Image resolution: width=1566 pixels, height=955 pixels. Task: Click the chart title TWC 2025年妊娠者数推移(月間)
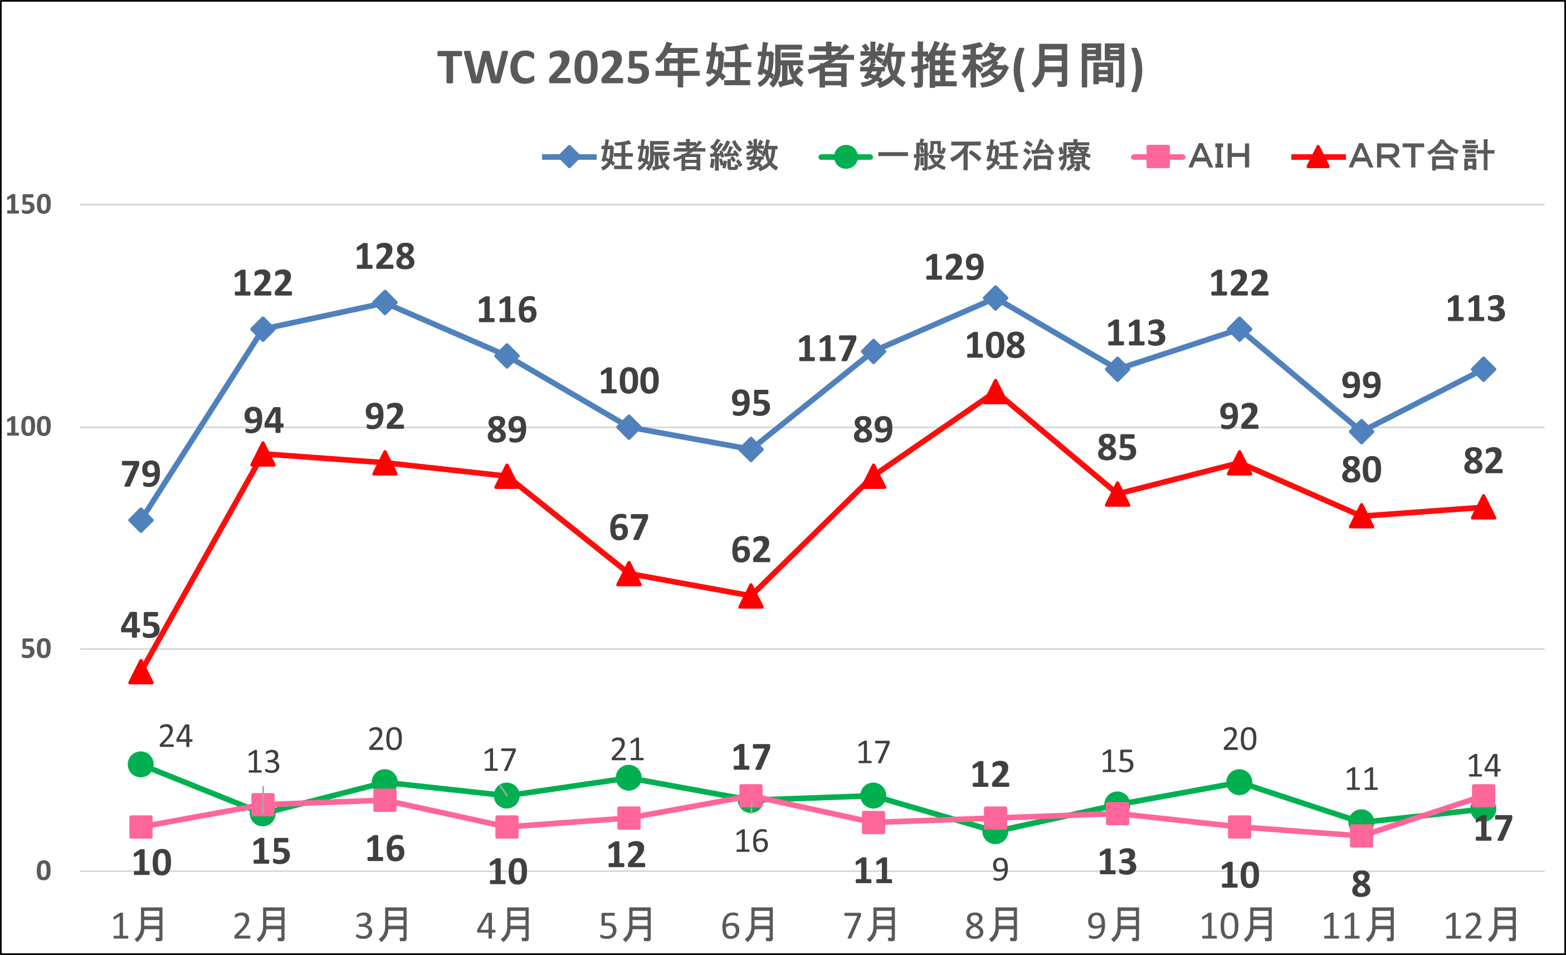[790, 67]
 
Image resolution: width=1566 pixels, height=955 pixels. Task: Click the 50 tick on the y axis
[36, 649]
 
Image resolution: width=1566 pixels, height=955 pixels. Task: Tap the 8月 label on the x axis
[993, 925]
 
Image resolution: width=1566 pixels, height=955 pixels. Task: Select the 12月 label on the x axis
[1482, 925]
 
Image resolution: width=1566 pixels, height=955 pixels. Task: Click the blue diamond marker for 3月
[384, 302]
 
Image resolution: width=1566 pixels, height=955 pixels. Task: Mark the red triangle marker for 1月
[140, 672]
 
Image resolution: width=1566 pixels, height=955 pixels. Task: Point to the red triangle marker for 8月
[994, 393]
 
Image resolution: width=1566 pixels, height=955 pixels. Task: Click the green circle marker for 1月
[140, 764]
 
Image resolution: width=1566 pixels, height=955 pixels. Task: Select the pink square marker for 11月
[1361, 835]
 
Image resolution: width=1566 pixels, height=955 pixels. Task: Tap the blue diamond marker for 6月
[750, 449]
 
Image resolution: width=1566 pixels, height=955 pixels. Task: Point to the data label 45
[140, 626]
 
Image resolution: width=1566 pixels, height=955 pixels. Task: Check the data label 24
[175, 736]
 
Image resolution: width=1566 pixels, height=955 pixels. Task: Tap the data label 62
[750, 550]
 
